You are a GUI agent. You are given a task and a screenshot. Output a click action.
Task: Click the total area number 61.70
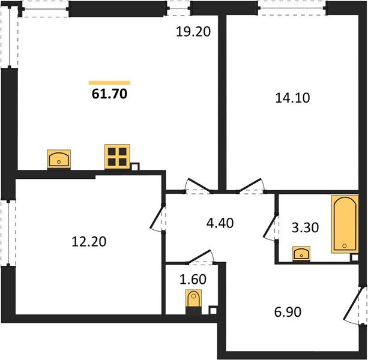tap(109, 94)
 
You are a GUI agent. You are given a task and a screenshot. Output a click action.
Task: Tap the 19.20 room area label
tap(193, 32)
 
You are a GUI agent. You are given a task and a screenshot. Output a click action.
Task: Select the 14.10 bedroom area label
tap(292, 98)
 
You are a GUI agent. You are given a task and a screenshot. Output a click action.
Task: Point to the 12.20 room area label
tap(89, 242)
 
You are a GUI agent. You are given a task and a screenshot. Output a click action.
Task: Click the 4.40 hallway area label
tap(220, 223)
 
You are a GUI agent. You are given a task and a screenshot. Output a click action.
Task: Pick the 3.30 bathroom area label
tap(305, 227)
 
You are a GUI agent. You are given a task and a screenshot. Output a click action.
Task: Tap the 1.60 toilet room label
tap(193, 280)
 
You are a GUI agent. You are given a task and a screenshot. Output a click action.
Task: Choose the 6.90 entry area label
tap(288, 312)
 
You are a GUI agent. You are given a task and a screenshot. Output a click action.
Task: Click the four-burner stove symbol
tap(117, 157)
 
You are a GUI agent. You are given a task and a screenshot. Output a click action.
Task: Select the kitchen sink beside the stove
tap(59, 159)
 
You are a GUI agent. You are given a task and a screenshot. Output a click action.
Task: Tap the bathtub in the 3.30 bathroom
tap(345, 224)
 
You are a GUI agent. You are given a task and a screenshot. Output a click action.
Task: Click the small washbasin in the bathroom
tap(301, 254)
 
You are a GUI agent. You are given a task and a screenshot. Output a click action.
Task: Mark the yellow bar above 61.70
tap(109, 83)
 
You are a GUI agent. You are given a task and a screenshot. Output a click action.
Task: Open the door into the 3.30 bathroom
tap(270, 227)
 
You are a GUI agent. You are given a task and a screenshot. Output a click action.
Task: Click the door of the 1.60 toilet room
tap(199, 257)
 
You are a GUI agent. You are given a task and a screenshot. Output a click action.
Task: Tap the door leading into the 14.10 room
tap(251, 186)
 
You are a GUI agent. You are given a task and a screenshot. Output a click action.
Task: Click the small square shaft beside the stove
tap(135, 167)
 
